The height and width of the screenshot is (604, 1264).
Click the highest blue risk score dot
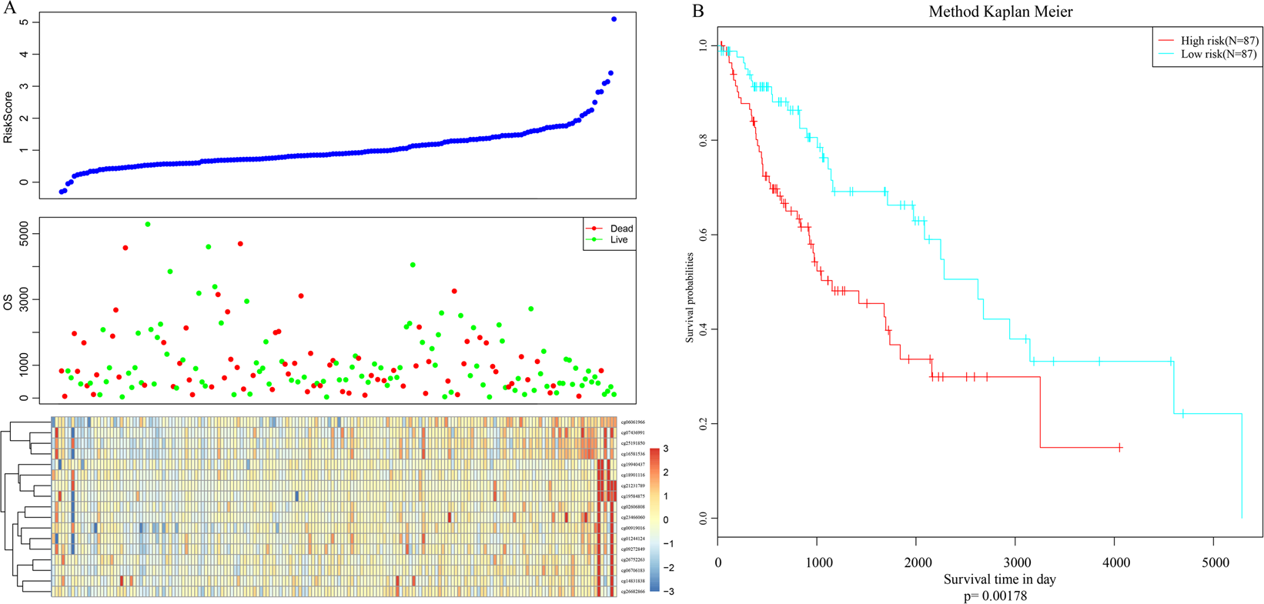614,19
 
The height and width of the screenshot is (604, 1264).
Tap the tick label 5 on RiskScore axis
25,22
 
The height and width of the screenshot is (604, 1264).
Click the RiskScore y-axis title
8,117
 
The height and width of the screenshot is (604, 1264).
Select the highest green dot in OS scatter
148,225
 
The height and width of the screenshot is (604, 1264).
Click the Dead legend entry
620,229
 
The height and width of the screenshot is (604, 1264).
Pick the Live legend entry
618,240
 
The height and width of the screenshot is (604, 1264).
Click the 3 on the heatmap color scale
665,449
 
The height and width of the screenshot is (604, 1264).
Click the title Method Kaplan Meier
1000,12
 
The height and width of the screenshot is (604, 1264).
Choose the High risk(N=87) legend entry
1219,41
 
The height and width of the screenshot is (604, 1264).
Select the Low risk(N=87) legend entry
1218,54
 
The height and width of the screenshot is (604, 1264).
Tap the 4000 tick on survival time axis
1115,562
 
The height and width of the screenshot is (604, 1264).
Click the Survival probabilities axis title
691,298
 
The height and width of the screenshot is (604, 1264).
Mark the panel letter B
698,11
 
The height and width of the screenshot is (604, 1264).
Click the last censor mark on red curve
1119,448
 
